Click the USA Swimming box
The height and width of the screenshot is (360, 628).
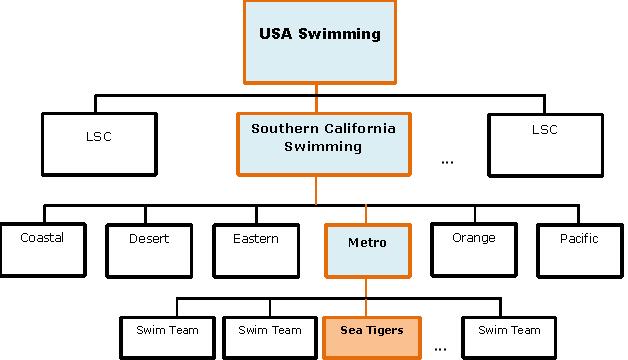(x=319, y=41)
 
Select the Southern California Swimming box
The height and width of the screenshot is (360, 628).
(x=323, y=145)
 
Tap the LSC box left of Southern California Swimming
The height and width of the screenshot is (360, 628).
(x=99, y=144)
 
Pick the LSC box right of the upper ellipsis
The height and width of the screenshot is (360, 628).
(x=545, y=144)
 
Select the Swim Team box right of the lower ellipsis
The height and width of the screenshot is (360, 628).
(x=508, y=338)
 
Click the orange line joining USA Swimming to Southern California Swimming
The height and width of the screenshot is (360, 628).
(x=317, y=97)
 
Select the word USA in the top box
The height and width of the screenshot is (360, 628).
(x=275, y=34)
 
